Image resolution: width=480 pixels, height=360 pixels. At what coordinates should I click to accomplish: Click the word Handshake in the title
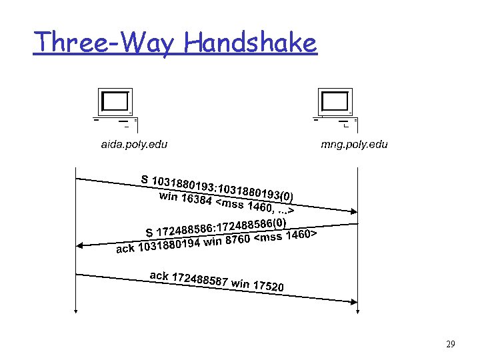[251, 43]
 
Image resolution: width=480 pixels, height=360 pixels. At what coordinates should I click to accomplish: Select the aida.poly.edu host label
[134, 144]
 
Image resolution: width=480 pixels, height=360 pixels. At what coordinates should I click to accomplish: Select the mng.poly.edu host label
[354, 144]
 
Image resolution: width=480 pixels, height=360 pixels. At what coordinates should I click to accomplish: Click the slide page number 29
[450, 345]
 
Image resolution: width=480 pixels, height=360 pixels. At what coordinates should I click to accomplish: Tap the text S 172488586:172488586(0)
[216, 227]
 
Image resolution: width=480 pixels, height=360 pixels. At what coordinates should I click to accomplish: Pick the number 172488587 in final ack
[199, 280]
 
